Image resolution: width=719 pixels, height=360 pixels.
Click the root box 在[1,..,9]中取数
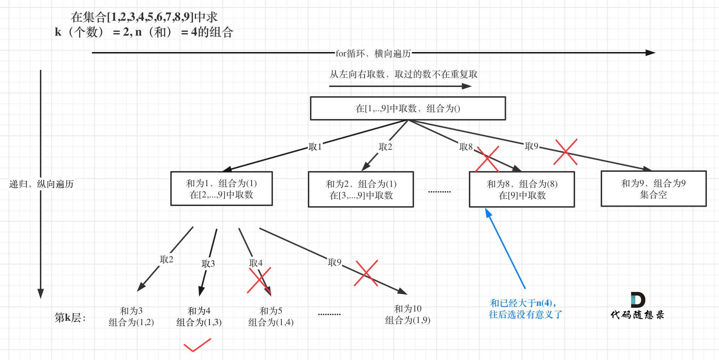click(408, 108)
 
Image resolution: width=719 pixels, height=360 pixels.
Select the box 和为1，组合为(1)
click(221, 189)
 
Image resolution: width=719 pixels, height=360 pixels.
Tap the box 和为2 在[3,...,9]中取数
click(361, 189)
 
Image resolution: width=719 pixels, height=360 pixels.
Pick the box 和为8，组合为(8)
click(522, 189)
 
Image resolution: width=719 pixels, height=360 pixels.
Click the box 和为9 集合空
click(653, 189)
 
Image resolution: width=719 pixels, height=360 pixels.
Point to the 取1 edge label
click(315, 147)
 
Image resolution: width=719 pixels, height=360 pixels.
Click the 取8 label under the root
click(466, 147)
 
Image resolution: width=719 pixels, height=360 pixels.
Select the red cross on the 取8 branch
click(487, 159)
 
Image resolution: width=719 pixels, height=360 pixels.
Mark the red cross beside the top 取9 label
click(565, 152)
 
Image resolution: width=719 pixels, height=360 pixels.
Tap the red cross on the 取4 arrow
click(259, 280)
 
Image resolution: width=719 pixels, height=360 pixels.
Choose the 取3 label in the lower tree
click(208, 263)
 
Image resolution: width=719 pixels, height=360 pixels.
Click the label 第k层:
click(70, 317)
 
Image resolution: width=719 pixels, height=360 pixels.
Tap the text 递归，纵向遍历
click(41, 184)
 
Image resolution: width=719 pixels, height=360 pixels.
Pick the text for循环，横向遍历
click(373, 53)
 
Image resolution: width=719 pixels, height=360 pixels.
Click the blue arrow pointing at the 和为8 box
click(506, 250)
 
